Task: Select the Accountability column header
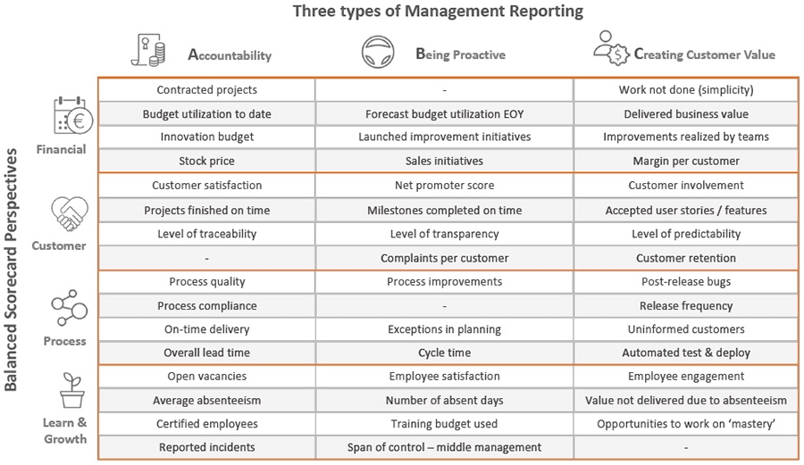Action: pos(229,54)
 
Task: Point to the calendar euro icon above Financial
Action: pos(69,117)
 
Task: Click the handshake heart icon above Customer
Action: pos(69,214)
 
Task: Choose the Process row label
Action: pos(65,341)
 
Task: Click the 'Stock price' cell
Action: pos(206,161)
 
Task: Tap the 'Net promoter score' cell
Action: pos(444,186)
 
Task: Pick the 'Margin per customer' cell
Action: pos(683,161)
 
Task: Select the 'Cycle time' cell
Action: pos(444,353)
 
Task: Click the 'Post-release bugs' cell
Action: pos(683,282)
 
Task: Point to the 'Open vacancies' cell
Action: pos(206,377)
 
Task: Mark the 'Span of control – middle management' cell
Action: pos(444,447)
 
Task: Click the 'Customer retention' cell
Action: pos(683,258)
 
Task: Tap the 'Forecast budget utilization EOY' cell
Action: pos(444,113)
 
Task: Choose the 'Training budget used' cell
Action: pos(444,424)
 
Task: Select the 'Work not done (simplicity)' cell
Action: pos(683,90)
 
